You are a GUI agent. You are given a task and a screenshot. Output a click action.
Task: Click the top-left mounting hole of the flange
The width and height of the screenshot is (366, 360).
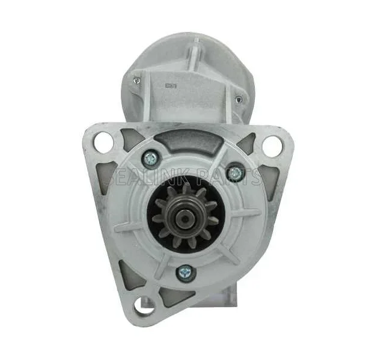[x=103, y=142]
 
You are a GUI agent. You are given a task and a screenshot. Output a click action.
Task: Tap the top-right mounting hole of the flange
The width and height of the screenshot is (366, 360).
[x=272, y=145]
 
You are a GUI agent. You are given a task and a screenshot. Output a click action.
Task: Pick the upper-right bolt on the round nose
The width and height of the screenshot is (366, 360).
[x=236, y=174]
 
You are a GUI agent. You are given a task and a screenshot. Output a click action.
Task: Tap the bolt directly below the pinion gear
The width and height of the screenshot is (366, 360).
[x=185, y=273]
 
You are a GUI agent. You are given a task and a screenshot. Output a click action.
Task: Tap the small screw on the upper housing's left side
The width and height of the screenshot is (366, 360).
[x=138, y=81]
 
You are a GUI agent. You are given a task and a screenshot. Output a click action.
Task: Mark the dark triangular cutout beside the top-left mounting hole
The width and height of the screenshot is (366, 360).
[x=132, y=141]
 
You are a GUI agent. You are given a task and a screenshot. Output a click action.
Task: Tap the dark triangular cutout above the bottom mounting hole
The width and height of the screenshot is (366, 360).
[x=127, y=274]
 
